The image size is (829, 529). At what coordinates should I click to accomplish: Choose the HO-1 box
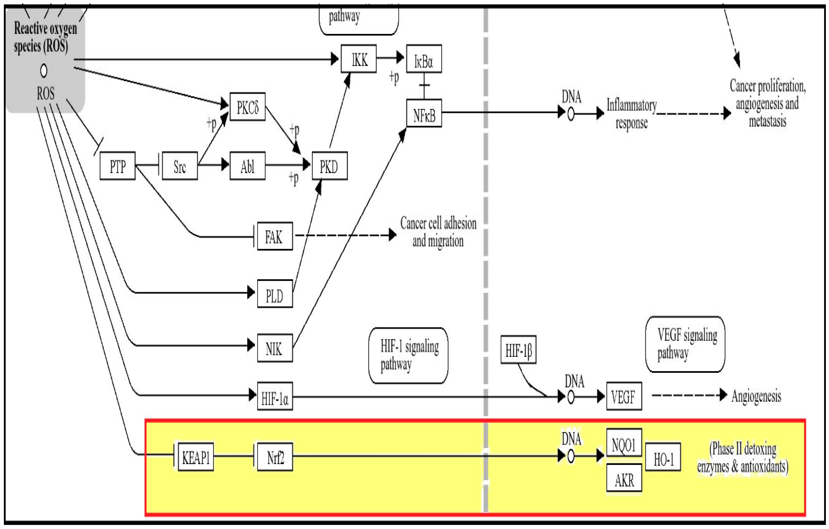(x=663, y=457)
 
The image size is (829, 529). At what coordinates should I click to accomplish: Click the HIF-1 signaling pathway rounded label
(x=408, y=355)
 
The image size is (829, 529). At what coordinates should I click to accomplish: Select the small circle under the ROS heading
(x=44, y=71)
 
